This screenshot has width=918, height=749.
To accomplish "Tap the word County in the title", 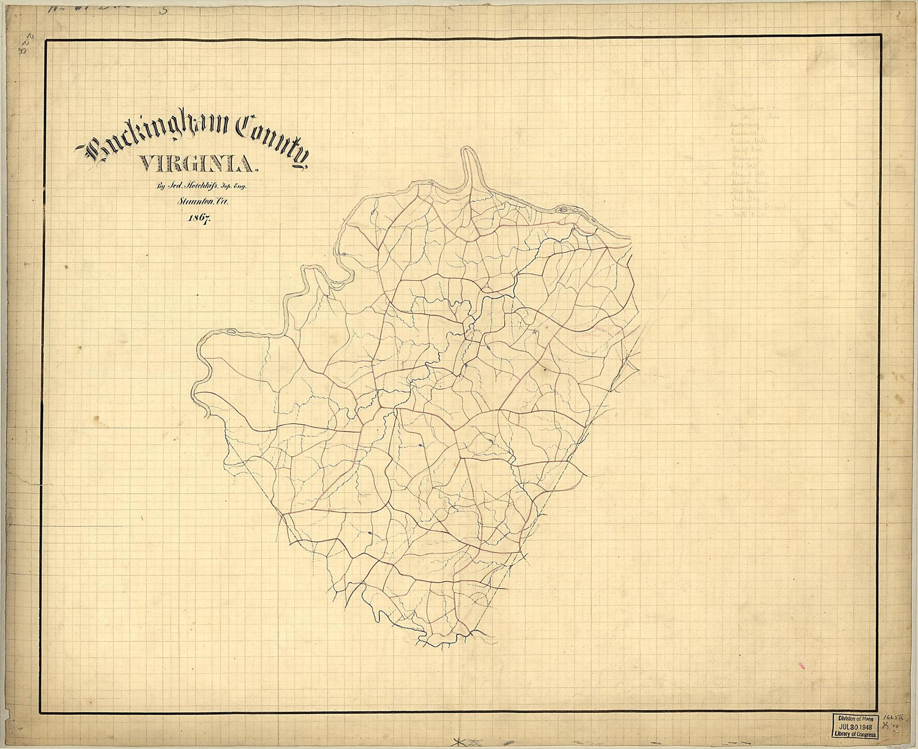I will point(272,138).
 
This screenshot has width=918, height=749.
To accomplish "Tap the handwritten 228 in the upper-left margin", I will point(31,45).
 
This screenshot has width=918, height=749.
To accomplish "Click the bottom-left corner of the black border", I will point(41,712).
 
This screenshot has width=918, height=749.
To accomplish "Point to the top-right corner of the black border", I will point(882,35).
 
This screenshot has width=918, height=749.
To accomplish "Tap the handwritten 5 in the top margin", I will point(163,9).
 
